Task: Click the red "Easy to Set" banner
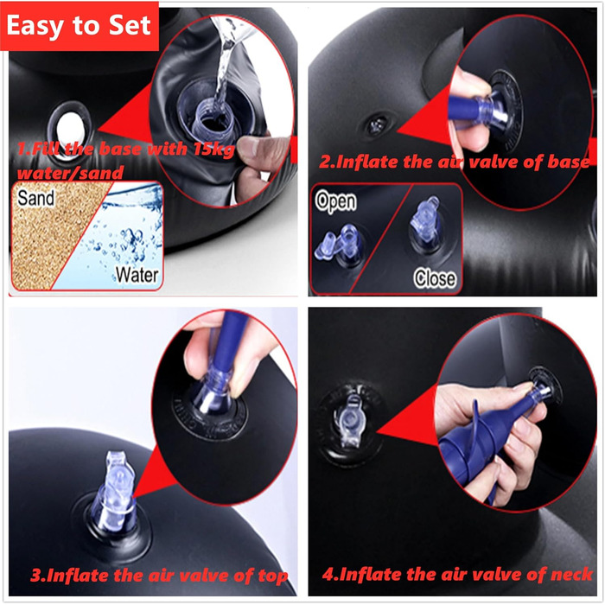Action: (80, 26)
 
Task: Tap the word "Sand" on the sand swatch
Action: (35, 198)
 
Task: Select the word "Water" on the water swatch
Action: (137, 275)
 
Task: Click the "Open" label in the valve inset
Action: (335, 201)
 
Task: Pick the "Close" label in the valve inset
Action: (435, 278)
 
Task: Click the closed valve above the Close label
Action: (425, 220)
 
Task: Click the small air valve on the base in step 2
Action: (378, 124)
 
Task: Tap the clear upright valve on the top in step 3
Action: (115, 490)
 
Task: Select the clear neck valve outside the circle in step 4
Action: (350, 422)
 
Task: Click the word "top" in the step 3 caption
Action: (273, 576)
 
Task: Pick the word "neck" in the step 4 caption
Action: (571, 574)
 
